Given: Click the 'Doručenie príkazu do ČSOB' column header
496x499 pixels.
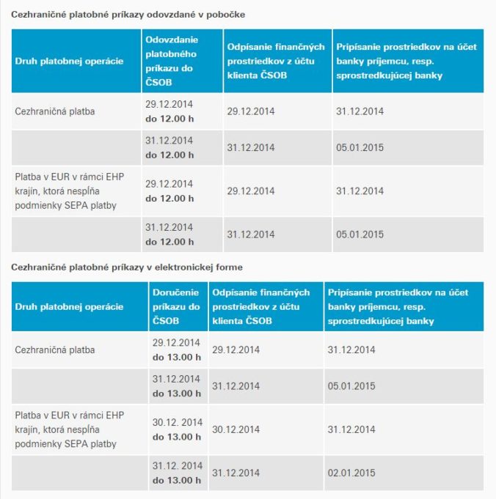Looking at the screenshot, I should [176, 306].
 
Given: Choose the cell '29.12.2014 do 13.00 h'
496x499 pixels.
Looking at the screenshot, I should [176, 350].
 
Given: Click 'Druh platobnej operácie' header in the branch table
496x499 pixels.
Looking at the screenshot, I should [69, 61].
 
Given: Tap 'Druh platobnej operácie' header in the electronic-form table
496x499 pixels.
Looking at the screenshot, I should [69, 307].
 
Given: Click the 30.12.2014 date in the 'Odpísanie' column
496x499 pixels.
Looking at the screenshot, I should [236, 429].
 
